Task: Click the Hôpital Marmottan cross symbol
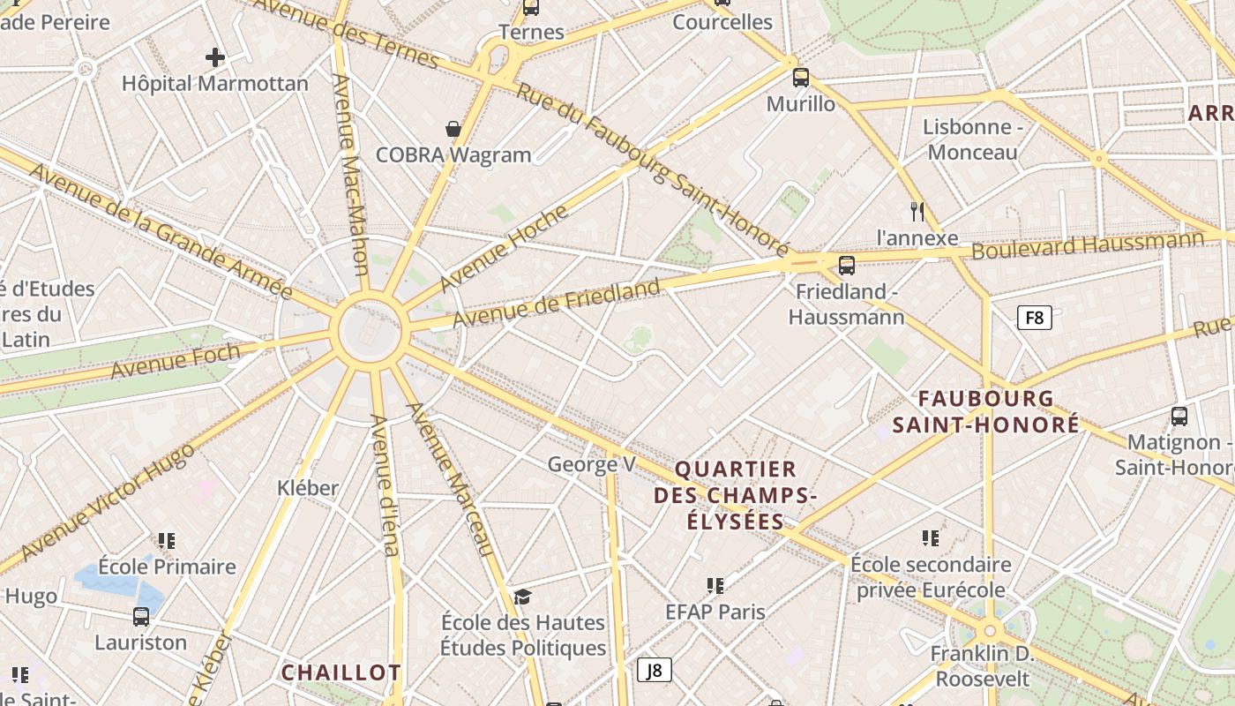214,58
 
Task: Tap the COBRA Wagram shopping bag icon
453,130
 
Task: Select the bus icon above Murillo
800,78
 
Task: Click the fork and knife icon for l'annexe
917,212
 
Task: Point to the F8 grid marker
1035,318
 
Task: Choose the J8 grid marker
654,671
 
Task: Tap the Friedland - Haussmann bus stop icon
847,265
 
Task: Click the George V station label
591,464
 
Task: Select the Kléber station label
308,488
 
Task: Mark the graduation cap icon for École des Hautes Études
522,597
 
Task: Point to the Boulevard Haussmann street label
1087,244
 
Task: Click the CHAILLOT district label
341,672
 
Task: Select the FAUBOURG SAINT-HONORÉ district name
985,412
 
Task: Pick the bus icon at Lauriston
141,617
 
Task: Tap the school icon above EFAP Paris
715,585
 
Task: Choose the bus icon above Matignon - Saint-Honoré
1179,416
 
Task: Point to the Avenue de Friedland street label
557,303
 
